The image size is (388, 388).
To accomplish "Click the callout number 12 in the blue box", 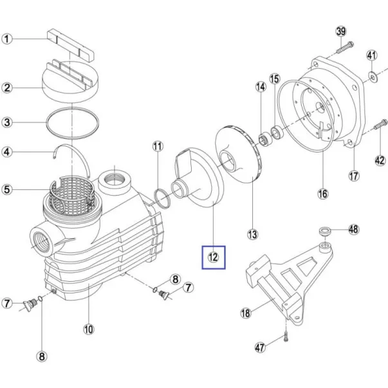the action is (213, 257).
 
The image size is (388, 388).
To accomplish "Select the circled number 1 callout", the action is (7, 39).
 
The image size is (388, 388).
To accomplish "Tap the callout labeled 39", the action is (341, 32).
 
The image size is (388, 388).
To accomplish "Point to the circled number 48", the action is (353, 229).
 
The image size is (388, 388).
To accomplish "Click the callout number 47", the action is (260, 347).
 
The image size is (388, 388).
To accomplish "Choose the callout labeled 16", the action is (323, 194).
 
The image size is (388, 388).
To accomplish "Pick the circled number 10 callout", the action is (89, 329).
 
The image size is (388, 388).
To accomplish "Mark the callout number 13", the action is (253, 234).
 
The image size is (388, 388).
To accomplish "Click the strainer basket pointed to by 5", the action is (71, 195).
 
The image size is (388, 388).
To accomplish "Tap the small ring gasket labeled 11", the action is (162, 198).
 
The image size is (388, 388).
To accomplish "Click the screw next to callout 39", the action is (345, 48).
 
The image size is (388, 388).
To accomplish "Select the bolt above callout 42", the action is (380, 124).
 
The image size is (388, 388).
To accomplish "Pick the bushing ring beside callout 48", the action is (324, 232).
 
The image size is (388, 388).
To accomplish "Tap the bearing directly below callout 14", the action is (265, 140).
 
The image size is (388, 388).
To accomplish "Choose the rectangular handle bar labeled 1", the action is (71, 45).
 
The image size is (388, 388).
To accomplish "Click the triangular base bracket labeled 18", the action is (290, 282).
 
